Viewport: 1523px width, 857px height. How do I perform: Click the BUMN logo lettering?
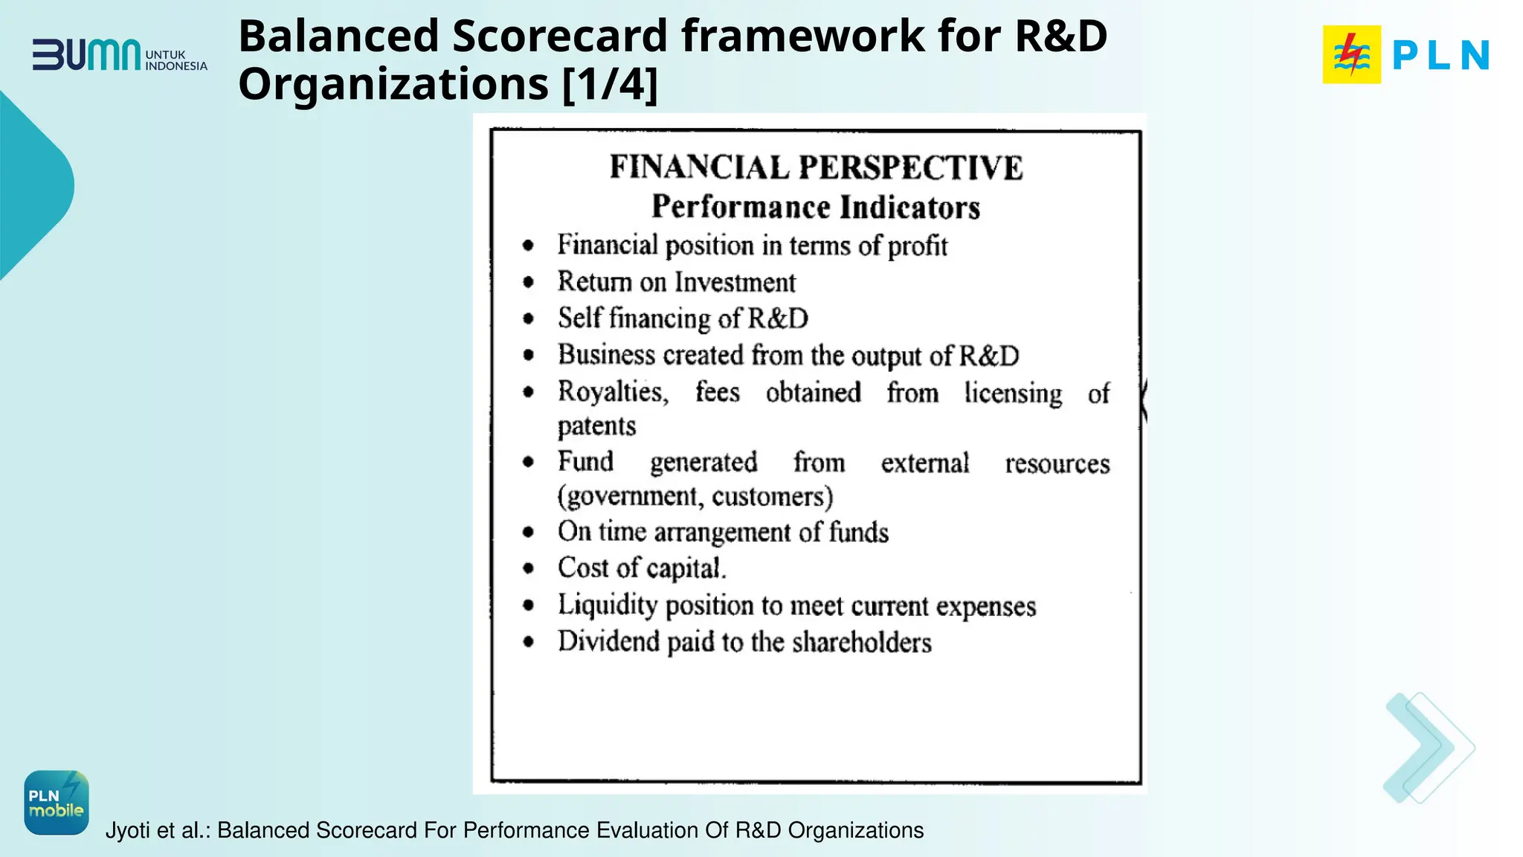tap(86, 55)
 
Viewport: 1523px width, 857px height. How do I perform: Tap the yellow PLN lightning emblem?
tap(1351, 54)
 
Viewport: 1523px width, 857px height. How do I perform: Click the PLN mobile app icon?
tap(57, 803)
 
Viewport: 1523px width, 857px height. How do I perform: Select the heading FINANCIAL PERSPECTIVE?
tap(816, 167)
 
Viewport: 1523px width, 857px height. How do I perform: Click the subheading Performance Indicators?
tap(816, 207)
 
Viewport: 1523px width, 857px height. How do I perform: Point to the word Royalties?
tap(613, 392)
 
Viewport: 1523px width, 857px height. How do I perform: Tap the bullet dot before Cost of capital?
tap(528, 569)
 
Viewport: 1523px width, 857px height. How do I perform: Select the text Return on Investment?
tap(676, 283)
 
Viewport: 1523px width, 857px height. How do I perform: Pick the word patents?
tap(596, 426)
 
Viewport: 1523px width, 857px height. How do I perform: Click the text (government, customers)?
tap(695, 497)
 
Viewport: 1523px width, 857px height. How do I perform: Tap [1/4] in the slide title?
tap(610, 84)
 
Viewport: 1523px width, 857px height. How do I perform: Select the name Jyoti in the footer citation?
tap(129, 830)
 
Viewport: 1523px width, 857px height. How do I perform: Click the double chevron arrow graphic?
tap(1427, 748)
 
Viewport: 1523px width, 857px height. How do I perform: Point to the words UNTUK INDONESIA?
tap(176, 60)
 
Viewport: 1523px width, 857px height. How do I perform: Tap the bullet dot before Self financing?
tap(528, 319)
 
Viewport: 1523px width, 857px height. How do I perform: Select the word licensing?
tap(1013, 393)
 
